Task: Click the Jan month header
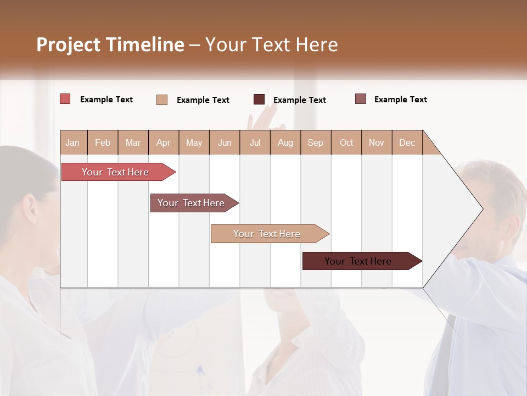72,142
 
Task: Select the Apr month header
163,142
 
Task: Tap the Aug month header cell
285,142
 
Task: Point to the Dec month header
407,142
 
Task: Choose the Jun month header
225,142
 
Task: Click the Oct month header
346,142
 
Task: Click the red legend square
65,99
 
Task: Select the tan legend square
162,100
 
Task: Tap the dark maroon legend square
259,100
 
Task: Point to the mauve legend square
361,99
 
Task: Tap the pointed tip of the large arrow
481,209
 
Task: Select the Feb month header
103,142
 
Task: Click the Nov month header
377,142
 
